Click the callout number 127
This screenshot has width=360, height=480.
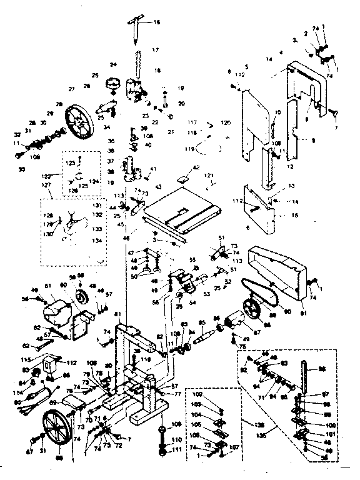coord(46,185)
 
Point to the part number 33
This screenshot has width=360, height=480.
coord(22,169)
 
